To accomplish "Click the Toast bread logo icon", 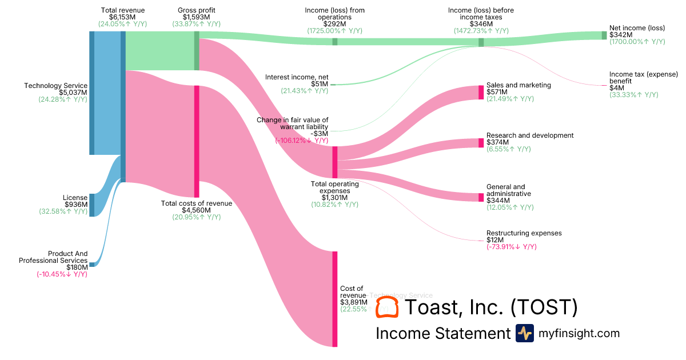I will [x=387, y=307].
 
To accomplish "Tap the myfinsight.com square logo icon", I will [x=524, y=333].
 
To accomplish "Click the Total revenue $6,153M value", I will [x=122, y=17].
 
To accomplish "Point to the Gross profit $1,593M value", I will [x=196, y=17].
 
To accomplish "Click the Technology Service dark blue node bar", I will [x=91, y=93].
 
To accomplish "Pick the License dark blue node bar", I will [x=91, y=205].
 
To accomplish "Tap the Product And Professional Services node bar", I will [x=91, y=264].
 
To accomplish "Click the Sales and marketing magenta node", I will [x=481, y=92].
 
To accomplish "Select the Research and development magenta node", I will [x=481, y=142].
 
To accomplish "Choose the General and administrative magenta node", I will [x=481, y=197].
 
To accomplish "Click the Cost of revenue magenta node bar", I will [x=335, y=298].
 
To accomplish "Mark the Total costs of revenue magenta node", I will [x=197, y=141].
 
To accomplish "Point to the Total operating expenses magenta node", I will [x=335, y=162].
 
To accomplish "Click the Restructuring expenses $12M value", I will [x=494, y=240].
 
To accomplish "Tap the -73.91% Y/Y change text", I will [x=512, y=247].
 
